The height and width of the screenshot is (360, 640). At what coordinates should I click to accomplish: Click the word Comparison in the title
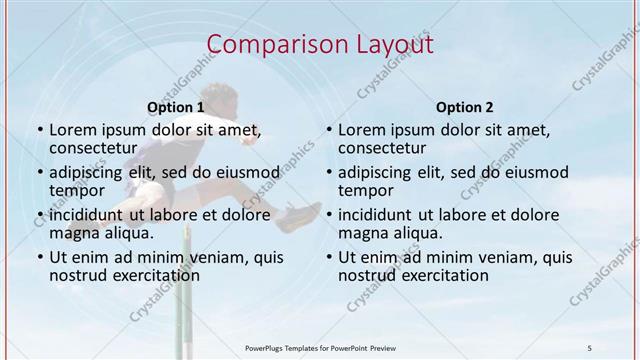[x=267, y=45]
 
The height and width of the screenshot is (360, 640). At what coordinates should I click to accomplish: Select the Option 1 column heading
[x=175, y=107]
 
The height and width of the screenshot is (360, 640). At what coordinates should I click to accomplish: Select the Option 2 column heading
[x=465, y=107]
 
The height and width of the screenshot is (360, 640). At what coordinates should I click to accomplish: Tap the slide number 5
[x=590, y=346]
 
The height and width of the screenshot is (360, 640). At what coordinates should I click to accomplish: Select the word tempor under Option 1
[x=77, y=190]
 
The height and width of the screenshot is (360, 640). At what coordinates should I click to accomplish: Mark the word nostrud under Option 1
[x=78, y=275]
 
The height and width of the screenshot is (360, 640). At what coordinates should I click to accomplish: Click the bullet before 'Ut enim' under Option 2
[x=329, y=258]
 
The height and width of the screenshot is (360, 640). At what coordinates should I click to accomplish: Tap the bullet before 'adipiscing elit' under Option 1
[x=39, y=173]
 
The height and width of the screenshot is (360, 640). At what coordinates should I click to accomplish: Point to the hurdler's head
[x=226, y=97]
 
